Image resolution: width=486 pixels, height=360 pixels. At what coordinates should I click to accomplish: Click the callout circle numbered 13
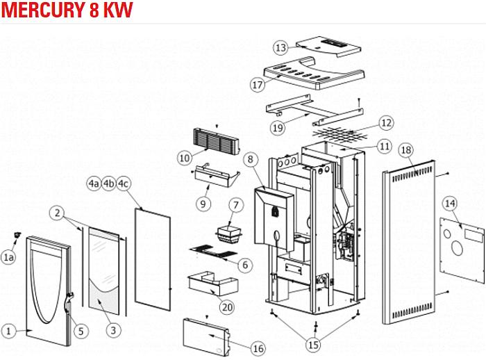[x=280, y=48]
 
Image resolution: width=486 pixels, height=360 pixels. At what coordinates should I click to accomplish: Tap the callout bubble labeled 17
[x=258, y=85]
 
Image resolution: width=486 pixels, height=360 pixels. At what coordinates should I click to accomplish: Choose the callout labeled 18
[x=406, y=149]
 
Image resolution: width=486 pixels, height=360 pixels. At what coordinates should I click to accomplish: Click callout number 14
[x=450, y=203]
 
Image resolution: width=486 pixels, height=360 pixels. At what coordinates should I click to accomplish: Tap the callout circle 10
[x=184, y=158]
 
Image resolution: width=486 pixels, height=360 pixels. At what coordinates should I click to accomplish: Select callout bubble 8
[x=249, y=159]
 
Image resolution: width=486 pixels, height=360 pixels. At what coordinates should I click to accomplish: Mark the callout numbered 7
[x=235, y=205]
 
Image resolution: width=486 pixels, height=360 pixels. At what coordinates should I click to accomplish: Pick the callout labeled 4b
[x=108, y=183]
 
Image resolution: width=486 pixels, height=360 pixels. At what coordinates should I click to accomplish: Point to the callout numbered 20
[x=227, y=306]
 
